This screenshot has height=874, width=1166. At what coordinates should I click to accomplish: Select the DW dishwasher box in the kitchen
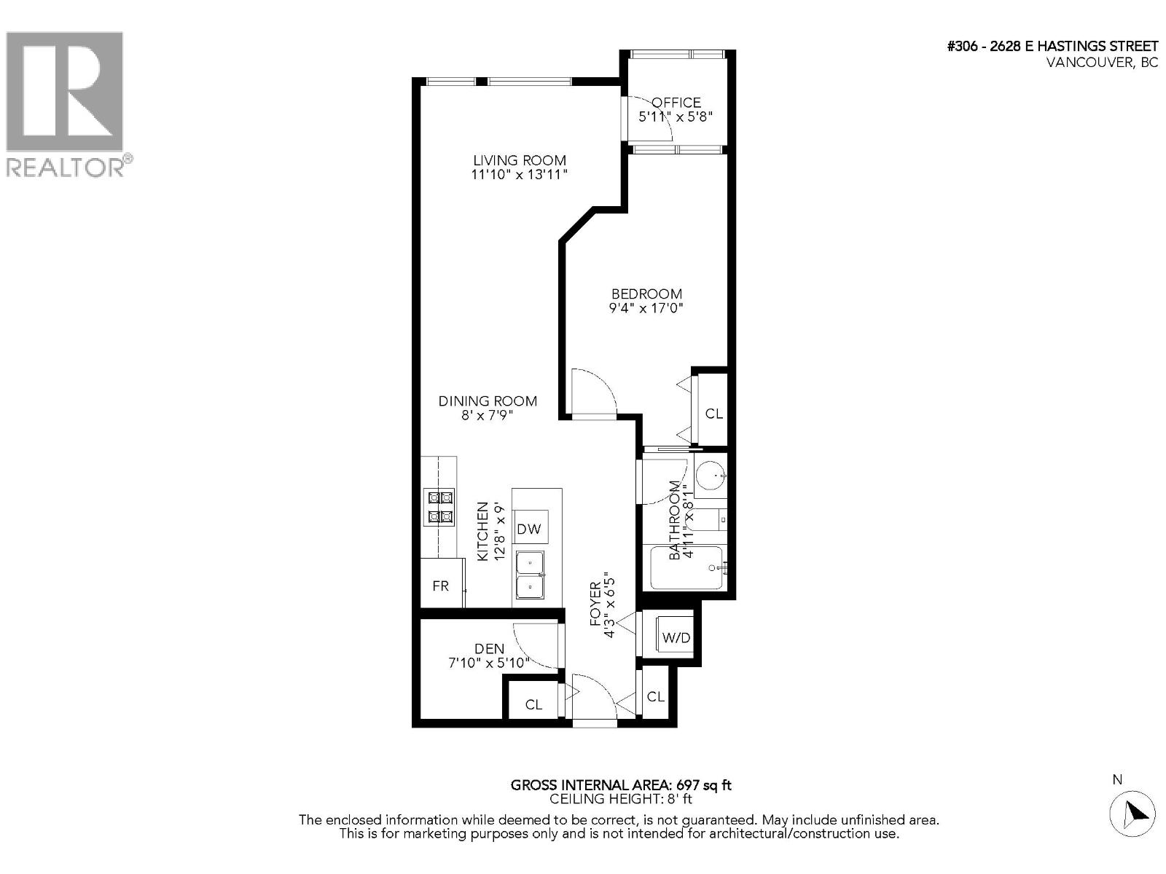click(x=530, y=529)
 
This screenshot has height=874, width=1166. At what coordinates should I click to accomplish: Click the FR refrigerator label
click(x=440, y=586)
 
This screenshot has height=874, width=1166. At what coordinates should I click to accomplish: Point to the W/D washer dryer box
click(x=676, y=637)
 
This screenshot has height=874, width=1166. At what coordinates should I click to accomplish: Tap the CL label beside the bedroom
click(x=714, y=414)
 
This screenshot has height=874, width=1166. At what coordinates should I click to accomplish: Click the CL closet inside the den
click(x=534, y=704)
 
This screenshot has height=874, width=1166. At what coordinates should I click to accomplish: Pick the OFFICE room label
click(x=676, y=103)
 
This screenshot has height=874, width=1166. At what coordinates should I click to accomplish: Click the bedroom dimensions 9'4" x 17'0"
click(x=646, y=308)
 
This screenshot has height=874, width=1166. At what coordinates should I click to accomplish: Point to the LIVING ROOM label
click(x=519, y=160)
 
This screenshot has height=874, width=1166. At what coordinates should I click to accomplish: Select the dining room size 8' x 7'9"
click(x=488, y=415)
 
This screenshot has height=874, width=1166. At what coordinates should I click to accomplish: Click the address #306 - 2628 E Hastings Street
click(x=1052, y=47)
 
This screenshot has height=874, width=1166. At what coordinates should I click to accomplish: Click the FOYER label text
click(x=595, y=603)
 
